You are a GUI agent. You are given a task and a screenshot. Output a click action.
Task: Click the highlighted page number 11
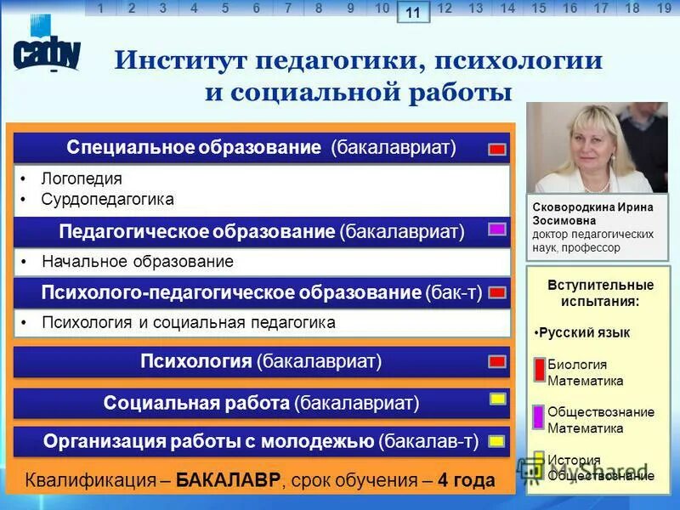point(413,12)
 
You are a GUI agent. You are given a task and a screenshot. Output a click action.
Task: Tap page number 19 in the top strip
point(664,8)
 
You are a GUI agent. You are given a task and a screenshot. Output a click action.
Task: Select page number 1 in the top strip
point(100,8)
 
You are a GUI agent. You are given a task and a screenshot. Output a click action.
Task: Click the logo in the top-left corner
point(47,53)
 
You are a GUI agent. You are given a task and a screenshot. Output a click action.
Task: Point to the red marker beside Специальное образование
point(497,149)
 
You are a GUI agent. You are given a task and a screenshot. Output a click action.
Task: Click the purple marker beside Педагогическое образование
point(497,229)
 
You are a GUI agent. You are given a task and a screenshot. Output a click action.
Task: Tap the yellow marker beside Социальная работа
point(498,399)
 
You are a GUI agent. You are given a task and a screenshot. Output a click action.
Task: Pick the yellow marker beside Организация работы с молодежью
point(497,441)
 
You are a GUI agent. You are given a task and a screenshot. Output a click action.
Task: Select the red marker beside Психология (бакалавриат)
point(497,361)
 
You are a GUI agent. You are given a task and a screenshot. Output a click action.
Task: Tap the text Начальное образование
point(137,262)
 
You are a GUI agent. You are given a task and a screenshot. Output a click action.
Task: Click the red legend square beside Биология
point(539,371)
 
